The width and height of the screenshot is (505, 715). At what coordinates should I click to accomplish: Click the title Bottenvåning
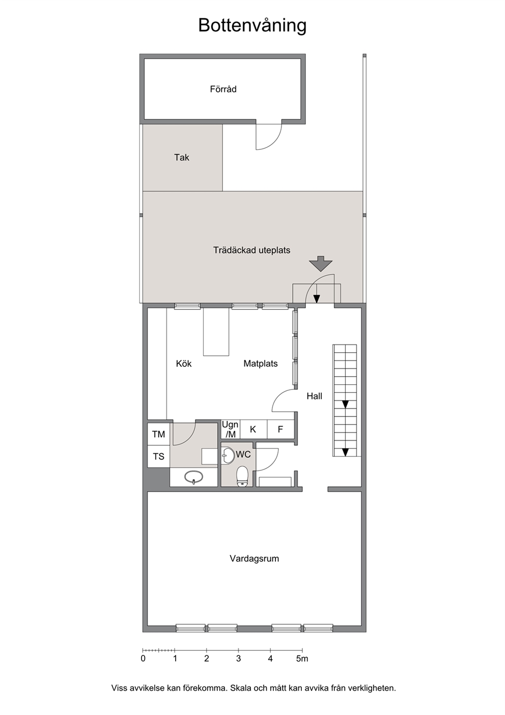point(252,26)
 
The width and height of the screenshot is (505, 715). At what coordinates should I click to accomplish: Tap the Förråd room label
point(223,89)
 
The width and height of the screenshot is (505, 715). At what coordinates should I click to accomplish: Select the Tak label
point(182,157)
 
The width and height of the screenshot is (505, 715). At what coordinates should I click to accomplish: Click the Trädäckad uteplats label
point(252,250)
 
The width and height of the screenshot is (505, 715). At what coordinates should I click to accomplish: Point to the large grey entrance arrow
point(321,263)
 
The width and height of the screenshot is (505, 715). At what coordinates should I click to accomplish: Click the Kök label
point(184,363)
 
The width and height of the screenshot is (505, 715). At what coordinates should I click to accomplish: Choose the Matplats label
point(261,363)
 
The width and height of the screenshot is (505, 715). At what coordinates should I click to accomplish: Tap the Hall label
point(314,396)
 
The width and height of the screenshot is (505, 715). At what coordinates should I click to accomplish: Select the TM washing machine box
point(158,434)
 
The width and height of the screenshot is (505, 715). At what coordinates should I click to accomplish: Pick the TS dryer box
point(158,457)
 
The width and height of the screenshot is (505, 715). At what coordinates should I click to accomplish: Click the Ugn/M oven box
point(230,429)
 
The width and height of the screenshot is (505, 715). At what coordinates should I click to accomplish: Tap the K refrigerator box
point(253,429)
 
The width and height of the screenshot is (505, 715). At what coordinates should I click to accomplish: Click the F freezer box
point(280,429)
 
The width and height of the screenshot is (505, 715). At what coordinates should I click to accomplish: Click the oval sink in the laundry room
point(193,477)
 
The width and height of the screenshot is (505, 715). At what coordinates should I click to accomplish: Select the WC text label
point(243,454)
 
